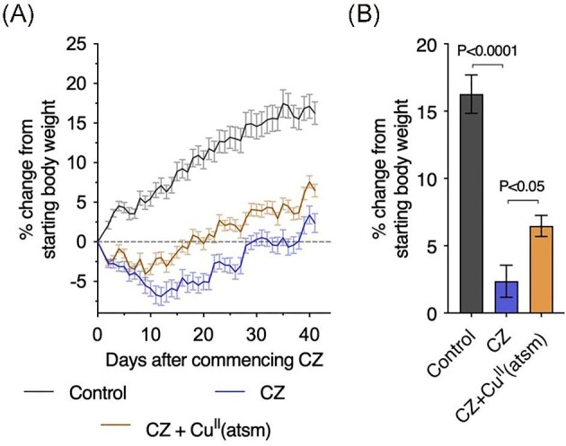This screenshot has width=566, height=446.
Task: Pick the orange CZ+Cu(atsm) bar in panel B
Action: (x=543, y=269)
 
